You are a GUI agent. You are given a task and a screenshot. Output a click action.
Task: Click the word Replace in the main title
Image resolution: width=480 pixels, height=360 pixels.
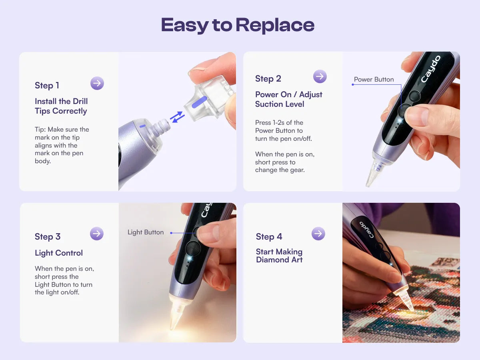pos(275,25)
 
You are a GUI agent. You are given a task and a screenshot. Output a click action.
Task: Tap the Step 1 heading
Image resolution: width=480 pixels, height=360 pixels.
pos(47,85)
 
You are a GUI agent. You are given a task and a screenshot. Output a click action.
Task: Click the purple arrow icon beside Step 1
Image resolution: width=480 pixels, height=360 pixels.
pos(97,83)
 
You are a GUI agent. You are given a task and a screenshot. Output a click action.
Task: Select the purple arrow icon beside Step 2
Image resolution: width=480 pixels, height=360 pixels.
pos(320,76)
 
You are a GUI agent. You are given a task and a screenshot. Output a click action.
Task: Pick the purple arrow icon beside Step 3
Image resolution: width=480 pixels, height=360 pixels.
pos(97,234)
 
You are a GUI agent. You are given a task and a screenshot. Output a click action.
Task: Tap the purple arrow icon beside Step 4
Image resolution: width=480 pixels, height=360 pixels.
pos(318,234)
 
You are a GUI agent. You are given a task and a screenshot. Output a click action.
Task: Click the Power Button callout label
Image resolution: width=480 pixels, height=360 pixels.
pos(374,79)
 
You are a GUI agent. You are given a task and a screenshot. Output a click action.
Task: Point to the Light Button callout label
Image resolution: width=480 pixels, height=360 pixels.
pos(146,232)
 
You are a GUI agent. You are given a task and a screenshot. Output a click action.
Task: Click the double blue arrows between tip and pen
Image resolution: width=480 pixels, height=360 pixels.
pos(177,117)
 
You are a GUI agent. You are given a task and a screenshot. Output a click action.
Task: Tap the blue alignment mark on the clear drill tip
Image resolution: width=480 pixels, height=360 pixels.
pos(199,102)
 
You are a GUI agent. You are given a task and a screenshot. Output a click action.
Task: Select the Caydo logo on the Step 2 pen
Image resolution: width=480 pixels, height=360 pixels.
pos(431,69)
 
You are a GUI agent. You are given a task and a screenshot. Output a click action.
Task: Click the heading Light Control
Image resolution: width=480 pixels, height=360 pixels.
pos(59,253)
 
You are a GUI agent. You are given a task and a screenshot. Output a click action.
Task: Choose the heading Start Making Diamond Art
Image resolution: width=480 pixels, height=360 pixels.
pos(279,256)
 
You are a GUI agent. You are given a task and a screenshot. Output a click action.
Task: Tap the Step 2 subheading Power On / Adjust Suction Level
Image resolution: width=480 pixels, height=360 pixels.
pos(289,99)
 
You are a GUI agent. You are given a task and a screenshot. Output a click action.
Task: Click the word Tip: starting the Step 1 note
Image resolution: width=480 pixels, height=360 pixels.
pos(40,129)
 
